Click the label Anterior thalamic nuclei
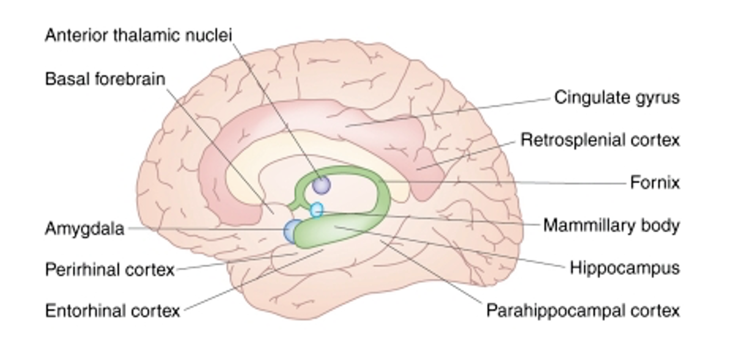(x=138, y=35)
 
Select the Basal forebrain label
(x=105, y=79)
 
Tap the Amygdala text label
(x=84, y=229)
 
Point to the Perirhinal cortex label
(x=110, y=269)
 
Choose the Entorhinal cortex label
(x=112, y=311)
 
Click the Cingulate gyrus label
(x=617, y=97)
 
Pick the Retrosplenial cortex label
(x=600, y=140)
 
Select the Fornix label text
(x=655, y=182)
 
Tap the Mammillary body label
(x=611, y=226)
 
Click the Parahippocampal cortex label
(x=583, y=310)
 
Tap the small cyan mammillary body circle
(x=316, y=210)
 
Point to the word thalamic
(x=145, y=35)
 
